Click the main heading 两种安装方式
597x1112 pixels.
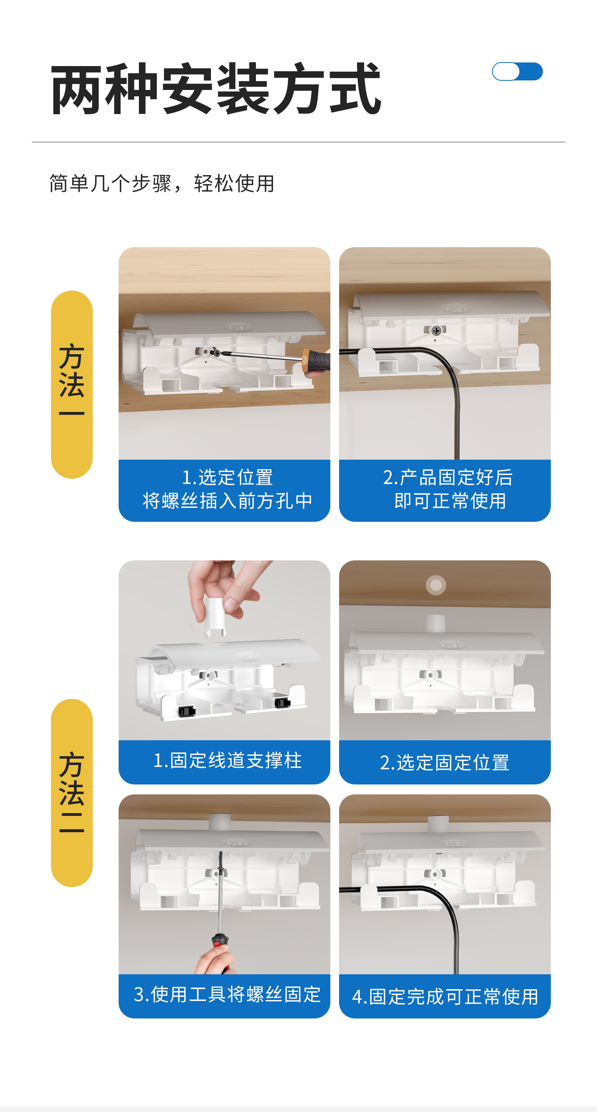click(216, 88)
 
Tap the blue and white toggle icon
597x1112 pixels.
click(517, 71)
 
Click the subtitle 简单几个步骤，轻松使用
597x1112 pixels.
click(162, 183)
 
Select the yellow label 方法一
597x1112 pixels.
click(72, 384)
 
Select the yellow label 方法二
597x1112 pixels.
click(72, 792)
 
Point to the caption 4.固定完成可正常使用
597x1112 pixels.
click(445, 997)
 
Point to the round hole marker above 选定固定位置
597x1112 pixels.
click(436, 585)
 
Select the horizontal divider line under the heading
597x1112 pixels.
click(298, 142)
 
